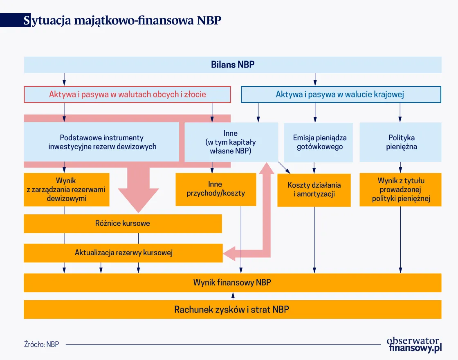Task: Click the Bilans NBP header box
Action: click(232, 65)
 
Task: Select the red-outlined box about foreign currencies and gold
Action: click(127, 94)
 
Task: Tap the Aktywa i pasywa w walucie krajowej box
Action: click(341, 94)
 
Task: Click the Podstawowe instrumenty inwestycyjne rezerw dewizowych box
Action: click(102, 142)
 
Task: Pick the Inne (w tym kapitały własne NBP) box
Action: click(230, 142)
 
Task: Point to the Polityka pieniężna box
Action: click(400, 142)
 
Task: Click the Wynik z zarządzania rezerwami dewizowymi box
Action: click(66, 190)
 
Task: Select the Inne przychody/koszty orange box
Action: click(216, 189)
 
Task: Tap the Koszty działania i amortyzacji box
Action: click(314, 190)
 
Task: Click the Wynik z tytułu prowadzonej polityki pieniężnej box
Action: click(400, 190)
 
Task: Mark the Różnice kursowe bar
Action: click(122, 223)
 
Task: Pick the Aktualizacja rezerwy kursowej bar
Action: click(123, 253)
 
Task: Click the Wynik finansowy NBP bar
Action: click(232, 282)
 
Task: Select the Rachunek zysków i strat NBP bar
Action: click(232, 309)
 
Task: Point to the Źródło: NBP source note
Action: click(41, 344)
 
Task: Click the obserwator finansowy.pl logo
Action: click(414, 344)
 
